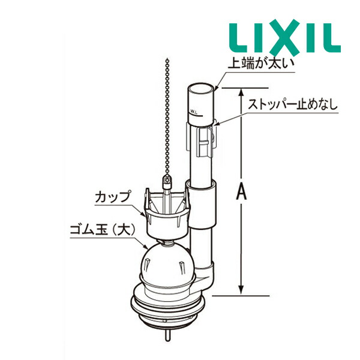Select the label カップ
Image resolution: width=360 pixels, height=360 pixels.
(x=112, y=196)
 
